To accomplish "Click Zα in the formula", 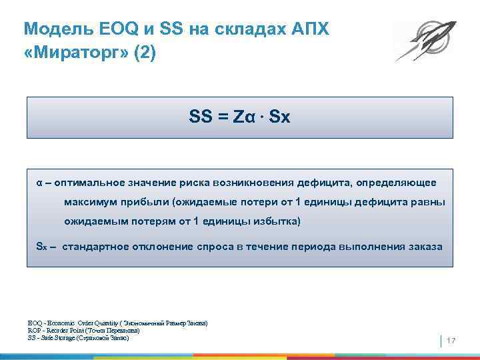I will click(x=243, y=117).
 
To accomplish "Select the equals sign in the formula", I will click(x=221, y=117).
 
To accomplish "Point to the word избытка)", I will click(x=279, y=221).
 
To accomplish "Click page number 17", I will click(x=451, y=341).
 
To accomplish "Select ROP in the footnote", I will click(x=34, y=330).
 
